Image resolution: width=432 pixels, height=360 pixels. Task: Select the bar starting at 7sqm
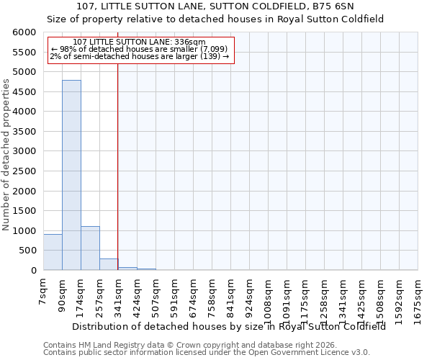[53, 252]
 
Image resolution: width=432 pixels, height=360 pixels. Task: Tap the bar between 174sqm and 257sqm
[90, 248]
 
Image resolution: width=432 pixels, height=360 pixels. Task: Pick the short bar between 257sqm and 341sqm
[109, 264]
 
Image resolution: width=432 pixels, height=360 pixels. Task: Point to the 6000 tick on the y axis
[24, 32]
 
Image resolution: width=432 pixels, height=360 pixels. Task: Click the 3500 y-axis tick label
[24, 132]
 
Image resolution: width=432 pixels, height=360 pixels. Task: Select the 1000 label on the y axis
[24, 231]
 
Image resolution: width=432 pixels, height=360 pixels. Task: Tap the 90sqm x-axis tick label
[62, 293]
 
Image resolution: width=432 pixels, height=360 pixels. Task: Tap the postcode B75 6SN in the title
[336, 6]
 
